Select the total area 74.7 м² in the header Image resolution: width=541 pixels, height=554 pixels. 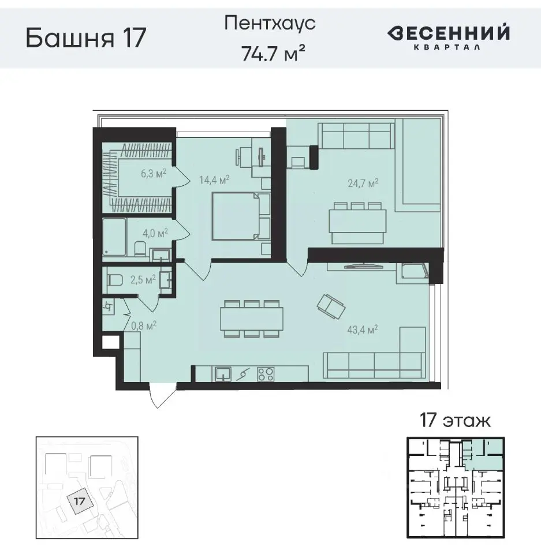272,53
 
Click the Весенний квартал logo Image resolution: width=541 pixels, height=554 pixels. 448,37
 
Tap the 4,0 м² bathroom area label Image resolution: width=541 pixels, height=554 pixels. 155,233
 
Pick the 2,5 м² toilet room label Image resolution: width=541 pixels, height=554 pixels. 143,280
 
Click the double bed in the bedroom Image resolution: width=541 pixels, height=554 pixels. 240,216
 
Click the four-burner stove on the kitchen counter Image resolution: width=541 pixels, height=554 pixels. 266,374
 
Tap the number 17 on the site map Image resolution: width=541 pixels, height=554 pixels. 80,500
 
